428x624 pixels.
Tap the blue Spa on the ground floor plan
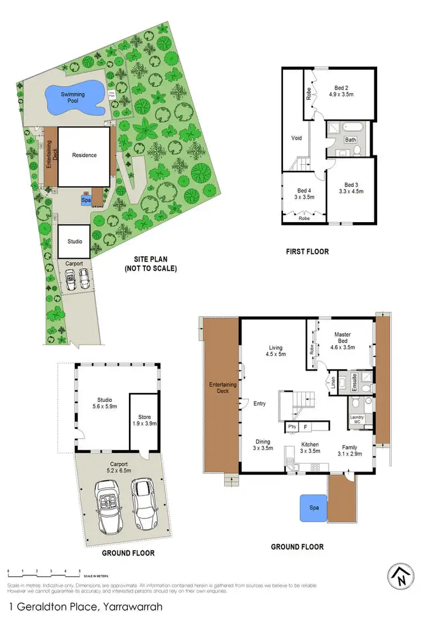pyautogui.click(x=313, y=507)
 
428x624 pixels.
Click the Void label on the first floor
pyautogui.click(x=297, y=138)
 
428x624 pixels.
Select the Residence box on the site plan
pyautogui.click(x=84, y=155)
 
